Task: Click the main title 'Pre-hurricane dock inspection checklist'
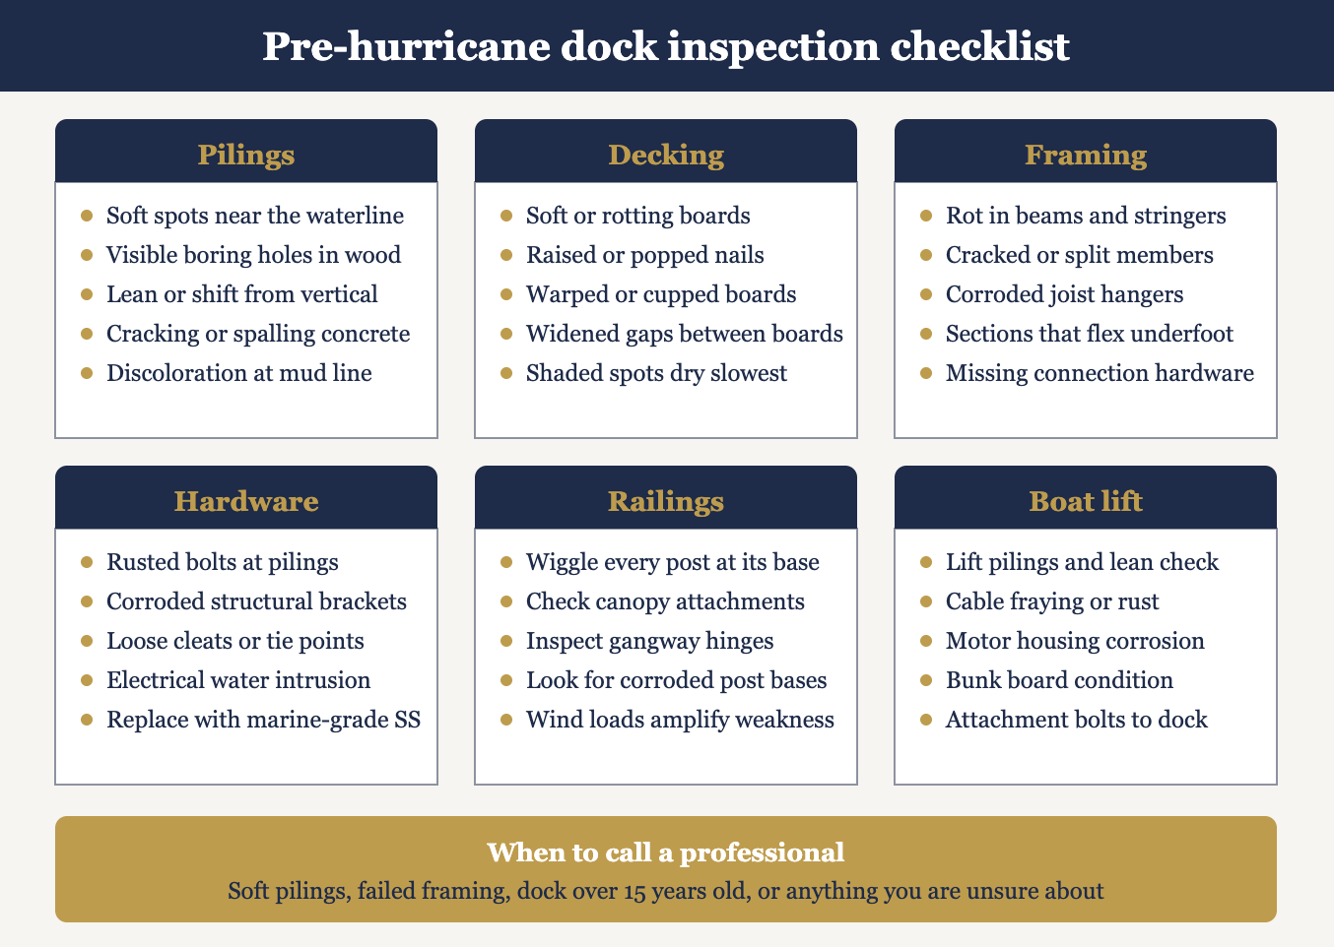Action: point(666,46)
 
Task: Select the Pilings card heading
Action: point(246,155)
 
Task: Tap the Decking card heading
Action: point(666,155)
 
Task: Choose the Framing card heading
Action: point(1086,155)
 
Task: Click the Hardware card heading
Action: point(246,501)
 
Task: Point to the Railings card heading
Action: point(666,501)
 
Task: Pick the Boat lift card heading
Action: point(1086,501)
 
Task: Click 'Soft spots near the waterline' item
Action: point(254,216)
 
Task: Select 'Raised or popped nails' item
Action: point(644,255)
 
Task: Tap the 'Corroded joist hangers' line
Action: point(1064,294)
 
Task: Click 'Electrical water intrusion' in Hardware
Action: point(238,680)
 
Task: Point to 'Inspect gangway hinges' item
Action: point(649,641)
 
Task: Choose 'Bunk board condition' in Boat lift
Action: point(1059,680)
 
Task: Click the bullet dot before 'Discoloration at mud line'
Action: point(87,373)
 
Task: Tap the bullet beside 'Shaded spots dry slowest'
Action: point(506,373)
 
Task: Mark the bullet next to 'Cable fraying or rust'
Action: point(926,601)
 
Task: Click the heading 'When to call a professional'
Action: point(666,852)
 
